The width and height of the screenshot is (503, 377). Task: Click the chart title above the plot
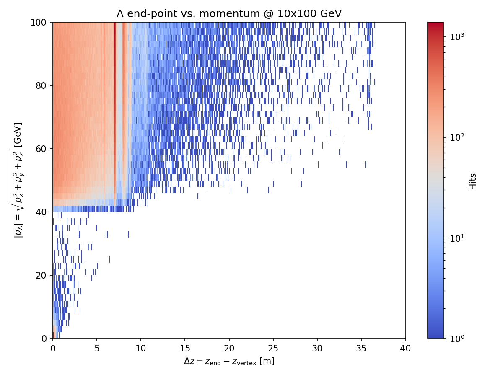229,14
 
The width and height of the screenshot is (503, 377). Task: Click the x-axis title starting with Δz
229,361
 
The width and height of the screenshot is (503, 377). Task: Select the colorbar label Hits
473,181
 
